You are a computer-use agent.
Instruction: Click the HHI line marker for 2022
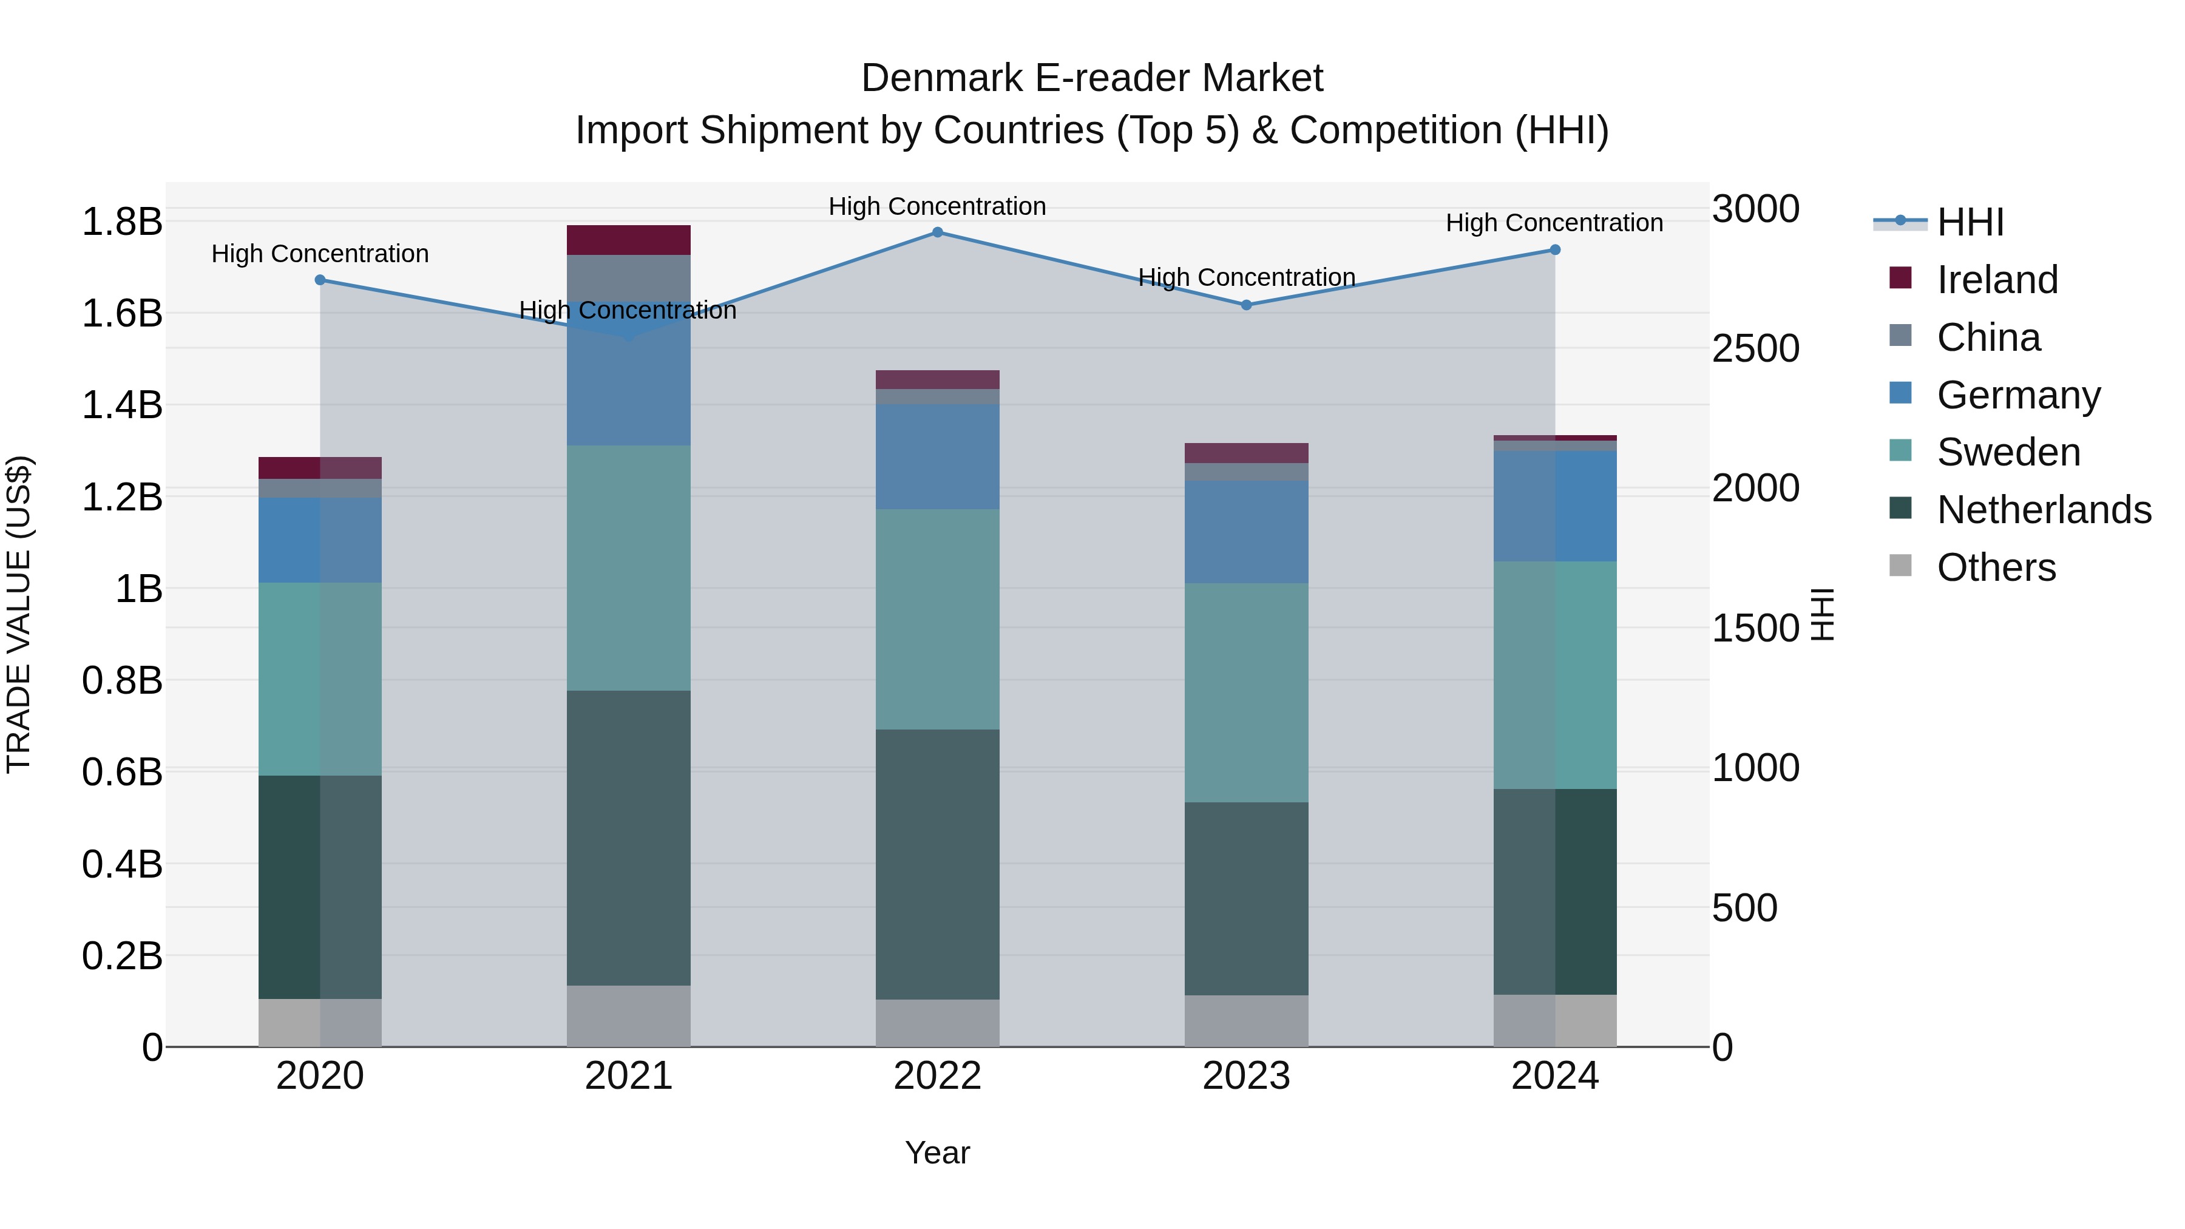937,232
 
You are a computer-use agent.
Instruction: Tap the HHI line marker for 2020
320,280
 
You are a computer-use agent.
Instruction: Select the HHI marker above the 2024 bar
1555,250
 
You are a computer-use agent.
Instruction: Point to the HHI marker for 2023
1246,305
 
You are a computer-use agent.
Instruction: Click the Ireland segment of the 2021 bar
629,240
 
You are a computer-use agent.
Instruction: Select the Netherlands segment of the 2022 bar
937,864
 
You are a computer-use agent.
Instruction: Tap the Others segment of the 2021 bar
629,1015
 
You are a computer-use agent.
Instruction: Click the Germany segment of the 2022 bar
937,456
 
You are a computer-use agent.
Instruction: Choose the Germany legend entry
2018,395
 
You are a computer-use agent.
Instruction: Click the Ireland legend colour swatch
1901,278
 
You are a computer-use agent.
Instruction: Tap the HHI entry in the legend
1970,222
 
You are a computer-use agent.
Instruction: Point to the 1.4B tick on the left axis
122,405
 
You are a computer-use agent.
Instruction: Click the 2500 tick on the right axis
1755,348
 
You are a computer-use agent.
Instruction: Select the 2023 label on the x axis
1246,1076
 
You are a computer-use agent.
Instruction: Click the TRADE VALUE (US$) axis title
19,614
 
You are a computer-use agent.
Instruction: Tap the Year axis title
937,1153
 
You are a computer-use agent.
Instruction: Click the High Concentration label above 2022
937,206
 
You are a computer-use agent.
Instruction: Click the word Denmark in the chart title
941,79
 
